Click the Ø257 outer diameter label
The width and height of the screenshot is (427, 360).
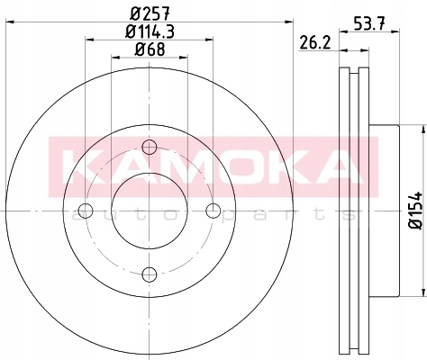tap(149, 13)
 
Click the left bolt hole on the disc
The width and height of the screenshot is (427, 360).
tap(86, 211)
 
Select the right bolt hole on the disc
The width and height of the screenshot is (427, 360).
tap(213, 211)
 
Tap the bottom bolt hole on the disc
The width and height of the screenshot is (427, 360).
tap(150, 274)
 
